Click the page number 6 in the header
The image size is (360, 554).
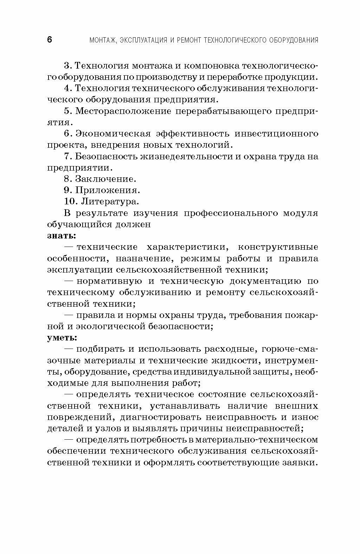(50, 40)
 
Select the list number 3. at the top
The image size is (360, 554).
(68, 66)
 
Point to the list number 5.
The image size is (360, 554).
(68, 111)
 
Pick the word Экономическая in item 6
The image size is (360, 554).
(113, 134)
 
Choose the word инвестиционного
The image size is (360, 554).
(276, 134)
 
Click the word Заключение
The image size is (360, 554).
(105, 179)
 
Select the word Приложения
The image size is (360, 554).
(108, 190)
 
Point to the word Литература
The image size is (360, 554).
(110, 202)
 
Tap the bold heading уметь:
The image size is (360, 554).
(62, 338)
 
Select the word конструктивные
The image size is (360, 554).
(278, 247)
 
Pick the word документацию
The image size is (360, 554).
(265, 281)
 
